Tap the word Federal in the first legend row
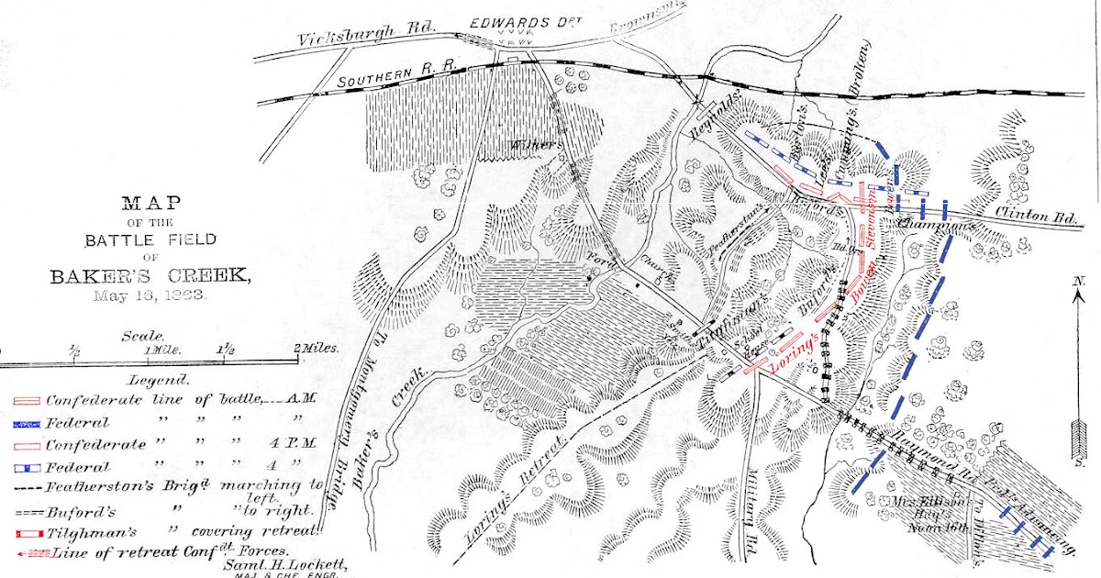click(78, 423)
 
